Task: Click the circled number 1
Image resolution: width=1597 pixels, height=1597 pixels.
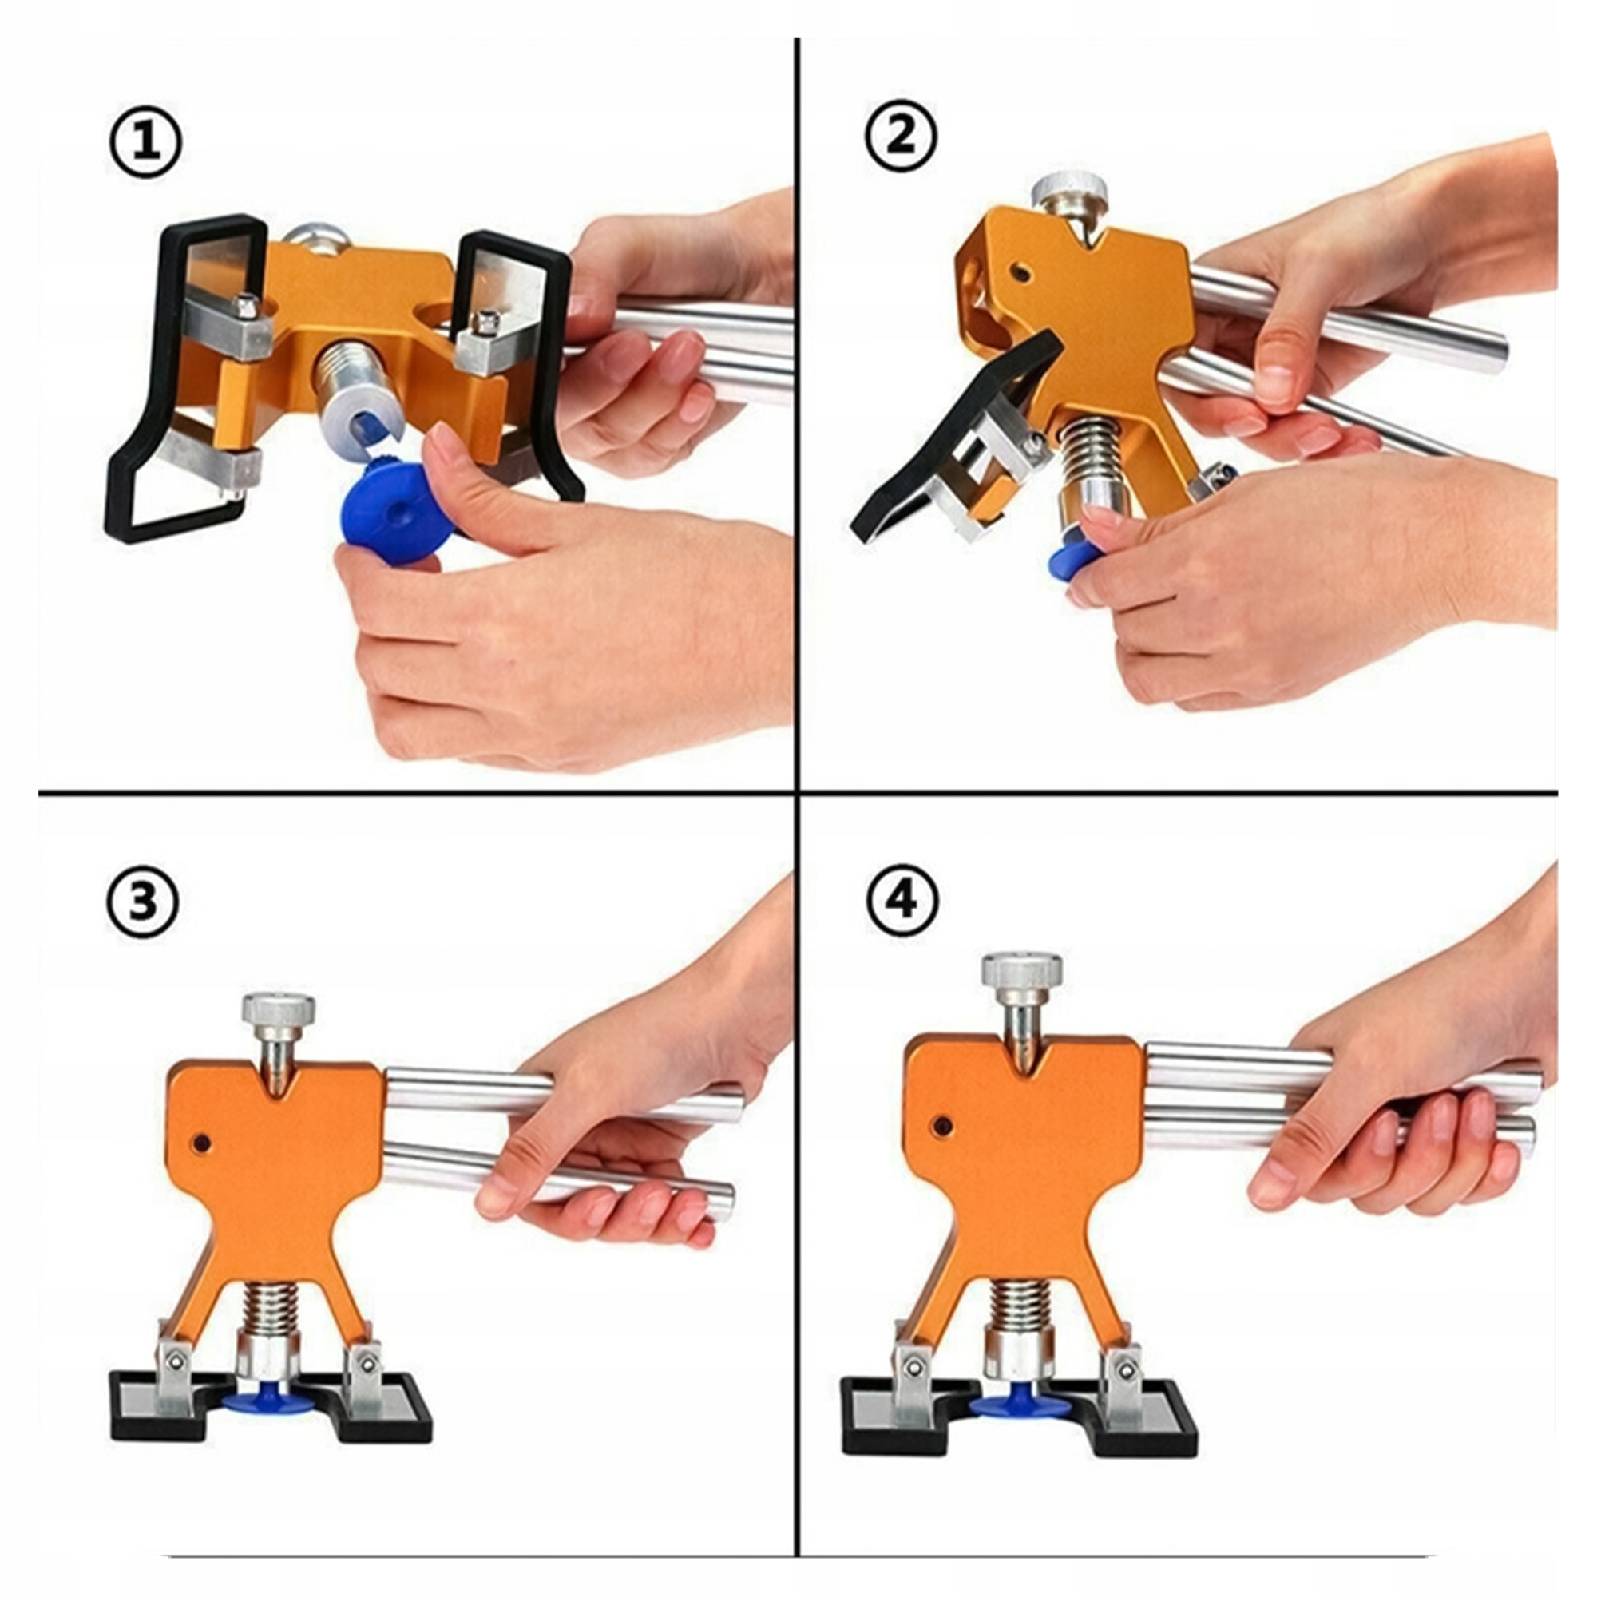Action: [145, 145]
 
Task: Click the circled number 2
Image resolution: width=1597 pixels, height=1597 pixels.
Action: [901, 136]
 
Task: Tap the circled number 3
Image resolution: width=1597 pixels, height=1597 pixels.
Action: [142, 902]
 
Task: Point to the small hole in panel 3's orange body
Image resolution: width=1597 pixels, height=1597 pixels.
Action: [200, 1143]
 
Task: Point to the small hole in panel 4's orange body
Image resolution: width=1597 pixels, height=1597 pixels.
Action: [940, 1125]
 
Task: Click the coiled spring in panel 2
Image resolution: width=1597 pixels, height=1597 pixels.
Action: [1096, 453]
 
